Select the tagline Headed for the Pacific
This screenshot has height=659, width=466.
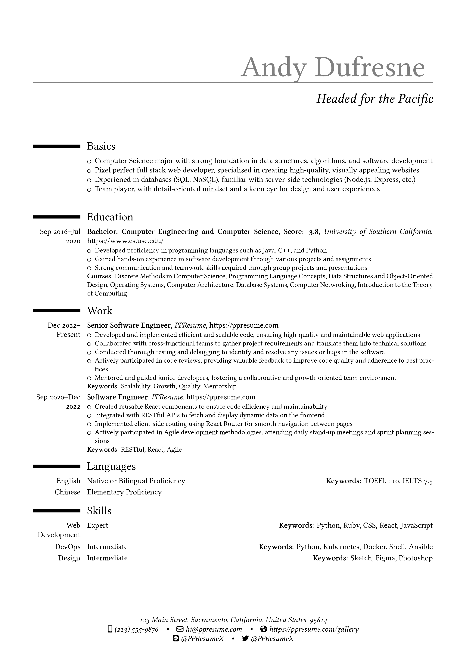[374, 99]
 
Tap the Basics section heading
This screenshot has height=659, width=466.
[101, 146]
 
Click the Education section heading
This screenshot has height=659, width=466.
[110, 217]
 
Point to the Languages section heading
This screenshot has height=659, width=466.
[111, 466]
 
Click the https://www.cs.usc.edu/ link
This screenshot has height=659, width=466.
[125, 240]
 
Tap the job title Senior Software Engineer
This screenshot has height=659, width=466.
[129, 326]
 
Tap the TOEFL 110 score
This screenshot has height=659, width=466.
[381, 481]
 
